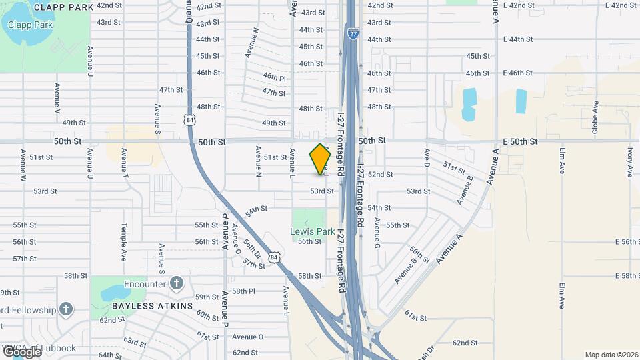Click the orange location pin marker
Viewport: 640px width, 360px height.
pyautogui.click(x=321, y=159)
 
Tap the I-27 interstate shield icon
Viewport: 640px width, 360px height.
pyautogui.click(x=353, y=32)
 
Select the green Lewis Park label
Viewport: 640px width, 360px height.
pyautogui.click(x=312, y=231)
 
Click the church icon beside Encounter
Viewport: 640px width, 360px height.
pyautogui.click(x=176, y=283)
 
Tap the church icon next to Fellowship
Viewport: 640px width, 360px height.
pyautogui.click(x=65, y=309)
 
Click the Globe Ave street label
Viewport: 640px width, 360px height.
pyautogui.click(x=595, y=117)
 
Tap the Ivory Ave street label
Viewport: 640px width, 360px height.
pyautogui.click(x=629, y=162)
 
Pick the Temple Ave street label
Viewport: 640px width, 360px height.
pyautogui.click(x=123, y=242)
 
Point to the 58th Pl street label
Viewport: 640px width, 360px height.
pyautogui.click(x=244, y=291)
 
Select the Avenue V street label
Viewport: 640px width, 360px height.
pyautogui.click(x=57, y=97)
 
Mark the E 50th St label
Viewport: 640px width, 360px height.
pyautogui.click(x=520, y=141)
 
